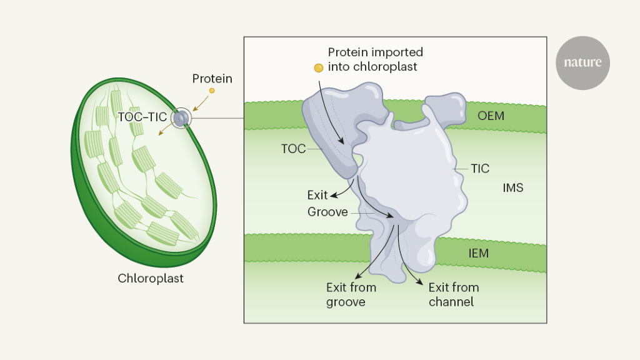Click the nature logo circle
[x=582, y=62]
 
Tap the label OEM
[x=491, y=116]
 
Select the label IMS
[x=512, y=187]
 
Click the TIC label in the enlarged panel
[x=480, y=169]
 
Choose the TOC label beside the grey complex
[x=293, y=149]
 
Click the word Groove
[x=327, y=212]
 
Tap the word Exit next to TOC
[x=317, y=195]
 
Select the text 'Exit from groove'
[x=351, y=295]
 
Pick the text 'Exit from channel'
[x=453, y=295]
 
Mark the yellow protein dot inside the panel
[x=319, y=67]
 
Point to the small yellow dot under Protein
[x=212, y=91]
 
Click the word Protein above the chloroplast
[x=212, y=79]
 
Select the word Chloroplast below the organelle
[x=151, y=279]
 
